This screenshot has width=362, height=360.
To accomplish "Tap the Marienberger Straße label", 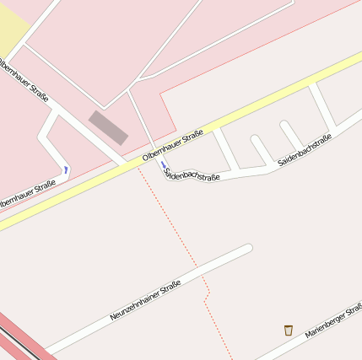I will coord(333,320).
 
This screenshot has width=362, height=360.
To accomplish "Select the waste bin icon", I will coord(289,330).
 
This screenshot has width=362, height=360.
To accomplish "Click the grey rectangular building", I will coord(109,127).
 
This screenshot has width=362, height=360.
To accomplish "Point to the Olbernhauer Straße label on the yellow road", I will coord(173,145).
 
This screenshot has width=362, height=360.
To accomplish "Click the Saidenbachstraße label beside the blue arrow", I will coord(193,175).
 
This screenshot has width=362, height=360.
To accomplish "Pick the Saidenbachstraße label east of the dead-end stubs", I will coord(304,148).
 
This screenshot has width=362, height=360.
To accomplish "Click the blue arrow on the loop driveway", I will coord(66,170).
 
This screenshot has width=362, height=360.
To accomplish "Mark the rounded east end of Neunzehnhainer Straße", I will coord(247,249).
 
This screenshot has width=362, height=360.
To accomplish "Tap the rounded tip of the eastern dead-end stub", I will coord(285,126).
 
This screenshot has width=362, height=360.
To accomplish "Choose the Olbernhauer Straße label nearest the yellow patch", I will coord(23,80).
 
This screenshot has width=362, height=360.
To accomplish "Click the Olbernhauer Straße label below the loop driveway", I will coord(27,195).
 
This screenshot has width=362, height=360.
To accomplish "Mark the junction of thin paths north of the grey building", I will coord(130,88).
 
